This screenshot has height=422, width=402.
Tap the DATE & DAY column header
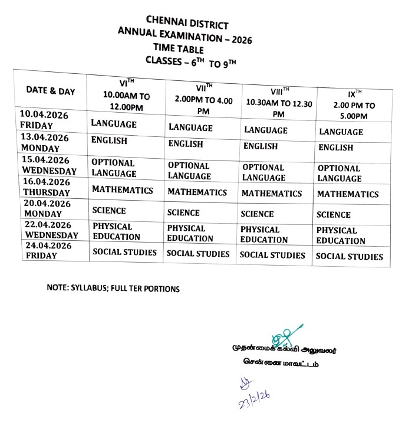click(x=51, y=91)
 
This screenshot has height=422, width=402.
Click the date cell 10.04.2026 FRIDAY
click(x=44, y=119)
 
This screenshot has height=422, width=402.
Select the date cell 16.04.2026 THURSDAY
click(x=47, y=188)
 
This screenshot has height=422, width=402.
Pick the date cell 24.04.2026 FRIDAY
click(x=47, y=251)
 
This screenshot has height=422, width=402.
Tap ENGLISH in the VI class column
click(x=109, y=141)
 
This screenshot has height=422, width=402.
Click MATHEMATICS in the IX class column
click(x=348, y=194)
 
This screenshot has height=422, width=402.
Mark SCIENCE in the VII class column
click(x=183, y=212)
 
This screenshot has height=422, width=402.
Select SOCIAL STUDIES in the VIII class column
click(x=272, y=255)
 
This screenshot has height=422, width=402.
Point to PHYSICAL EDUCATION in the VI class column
click(x=116, y=231)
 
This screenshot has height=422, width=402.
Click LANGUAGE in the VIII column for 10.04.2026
click(x=266, y=130)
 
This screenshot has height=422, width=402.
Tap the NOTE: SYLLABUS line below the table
click(x=113, y=289)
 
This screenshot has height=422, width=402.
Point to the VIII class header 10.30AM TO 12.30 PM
click(x=279, y=102)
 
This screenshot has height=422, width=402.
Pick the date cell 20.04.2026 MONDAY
click(x=47, y=208)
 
